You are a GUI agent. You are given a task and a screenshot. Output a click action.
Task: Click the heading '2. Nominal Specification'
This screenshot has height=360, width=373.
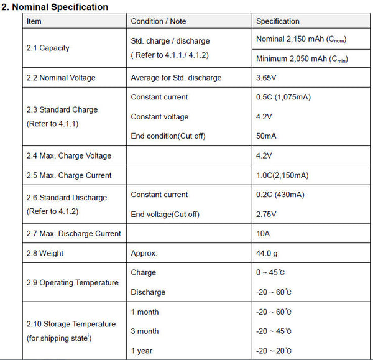pos(55,7)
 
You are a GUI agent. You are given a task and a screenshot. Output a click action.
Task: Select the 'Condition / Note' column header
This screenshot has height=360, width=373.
pos(159,21)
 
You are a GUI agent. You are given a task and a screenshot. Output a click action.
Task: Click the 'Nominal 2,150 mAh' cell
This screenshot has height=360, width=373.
pos(301,40)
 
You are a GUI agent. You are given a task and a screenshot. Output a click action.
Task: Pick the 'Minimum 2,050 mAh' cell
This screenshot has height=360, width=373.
pos(302,59)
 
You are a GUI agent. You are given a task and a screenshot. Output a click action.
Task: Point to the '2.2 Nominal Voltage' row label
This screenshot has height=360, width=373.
pos(61,78)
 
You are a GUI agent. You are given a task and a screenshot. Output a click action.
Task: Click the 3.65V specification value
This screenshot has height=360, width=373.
pos(267,78)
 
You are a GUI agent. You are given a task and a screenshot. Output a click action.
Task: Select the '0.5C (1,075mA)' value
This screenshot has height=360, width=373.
pos(284,97)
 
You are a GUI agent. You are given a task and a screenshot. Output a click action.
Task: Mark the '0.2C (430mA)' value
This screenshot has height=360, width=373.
pos(280,195)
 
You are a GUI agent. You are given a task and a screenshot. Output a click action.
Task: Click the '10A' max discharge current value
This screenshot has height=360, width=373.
pos(263,234)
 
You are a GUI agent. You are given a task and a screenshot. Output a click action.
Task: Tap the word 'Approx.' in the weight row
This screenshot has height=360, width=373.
pos(144,254)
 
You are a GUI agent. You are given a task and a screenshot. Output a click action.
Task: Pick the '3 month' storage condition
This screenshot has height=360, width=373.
pos(145,331)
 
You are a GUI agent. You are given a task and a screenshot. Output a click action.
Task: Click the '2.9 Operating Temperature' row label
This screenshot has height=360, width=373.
pos(72,283)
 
